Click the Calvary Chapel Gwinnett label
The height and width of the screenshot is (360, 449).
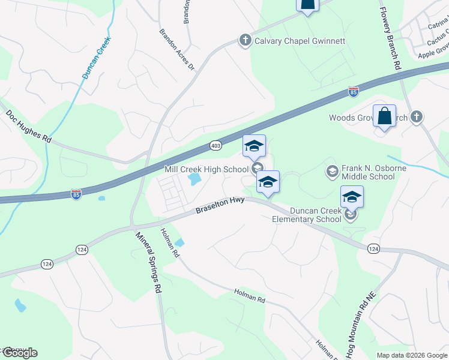(x=300, y=41)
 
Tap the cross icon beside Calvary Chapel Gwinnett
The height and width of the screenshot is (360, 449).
(x=245, y=41)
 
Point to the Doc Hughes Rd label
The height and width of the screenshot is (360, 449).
(x=29, y=126)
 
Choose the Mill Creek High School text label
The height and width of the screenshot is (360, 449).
(x=206, y=170)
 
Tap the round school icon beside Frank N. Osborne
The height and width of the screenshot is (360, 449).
(x=332, y=173)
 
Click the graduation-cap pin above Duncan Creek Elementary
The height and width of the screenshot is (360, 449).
(x=352, y=196)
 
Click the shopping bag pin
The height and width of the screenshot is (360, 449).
(x=384, y=116)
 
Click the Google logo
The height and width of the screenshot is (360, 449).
(x=19, y=353)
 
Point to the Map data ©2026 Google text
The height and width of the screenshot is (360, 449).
(x=412, y=355)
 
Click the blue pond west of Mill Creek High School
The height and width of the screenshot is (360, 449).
(x=194, y=179)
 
